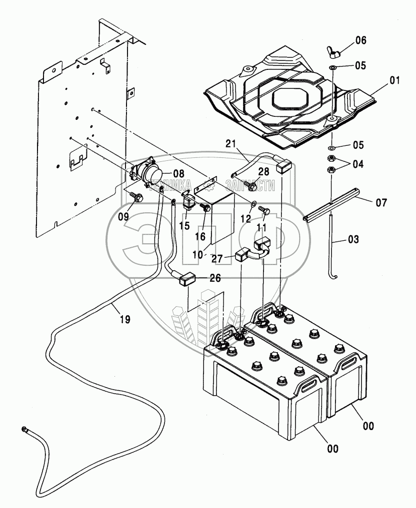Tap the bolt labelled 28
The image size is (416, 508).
252,186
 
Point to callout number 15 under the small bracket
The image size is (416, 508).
184,226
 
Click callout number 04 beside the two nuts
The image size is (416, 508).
358,164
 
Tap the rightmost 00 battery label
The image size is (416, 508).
368,426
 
